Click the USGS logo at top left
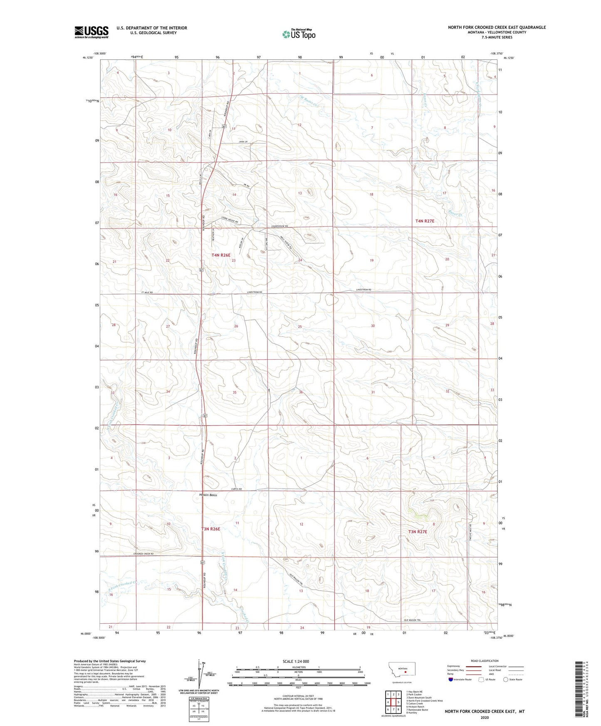coord(92,32)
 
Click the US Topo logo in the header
coord(299,34)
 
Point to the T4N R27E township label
coord(424,221)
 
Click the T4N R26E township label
coord(220,255)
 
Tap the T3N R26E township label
coord(210,529)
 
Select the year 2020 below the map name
coord(484,717)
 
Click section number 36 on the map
coord(300,392)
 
